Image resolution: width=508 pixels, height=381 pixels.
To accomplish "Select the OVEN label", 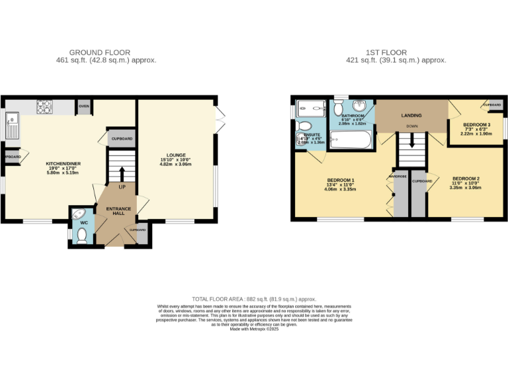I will pyautogui.click(x=84, y=106).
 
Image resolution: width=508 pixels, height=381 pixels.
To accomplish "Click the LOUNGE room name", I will pyautogui.click(x=175, y=155).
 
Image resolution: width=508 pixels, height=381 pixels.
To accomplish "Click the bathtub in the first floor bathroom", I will pyautogui.click(x=352, y=140).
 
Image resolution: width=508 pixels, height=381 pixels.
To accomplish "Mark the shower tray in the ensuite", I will pyautogui.click(x=308, y=107).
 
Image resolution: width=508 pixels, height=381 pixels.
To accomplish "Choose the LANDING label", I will pyautogui.click(x=411, y=116).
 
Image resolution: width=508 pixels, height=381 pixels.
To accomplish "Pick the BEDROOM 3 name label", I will pyautogui.click(x=476, y=125).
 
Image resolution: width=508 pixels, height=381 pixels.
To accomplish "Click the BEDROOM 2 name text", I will pyautogui.click(x=466, y=179).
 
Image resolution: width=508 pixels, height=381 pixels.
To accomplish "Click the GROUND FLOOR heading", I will pyautogui.click(x=100, y=52).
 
